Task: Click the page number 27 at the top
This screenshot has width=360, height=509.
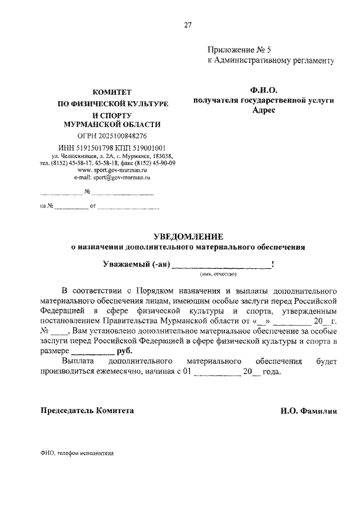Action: pyautogui.click(x=187, y=24)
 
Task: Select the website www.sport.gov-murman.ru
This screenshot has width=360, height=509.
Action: pyautogui.click(x=112, y=169)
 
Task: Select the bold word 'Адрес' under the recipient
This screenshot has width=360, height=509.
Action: pyautogui.click(x=264, y=110)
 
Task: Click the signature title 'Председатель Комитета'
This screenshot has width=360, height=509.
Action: pyautogui.click(x=87, y=411)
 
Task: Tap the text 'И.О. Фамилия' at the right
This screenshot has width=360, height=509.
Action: pyautogui.click(x=308, y=411)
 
